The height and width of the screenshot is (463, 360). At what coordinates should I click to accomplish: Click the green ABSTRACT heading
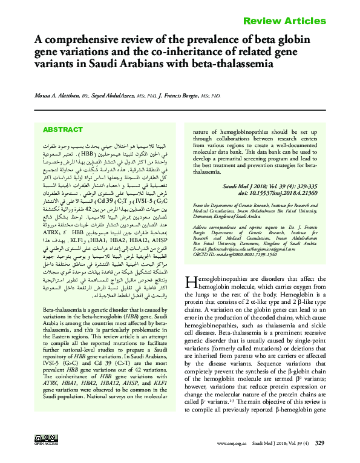click(62, 130)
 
